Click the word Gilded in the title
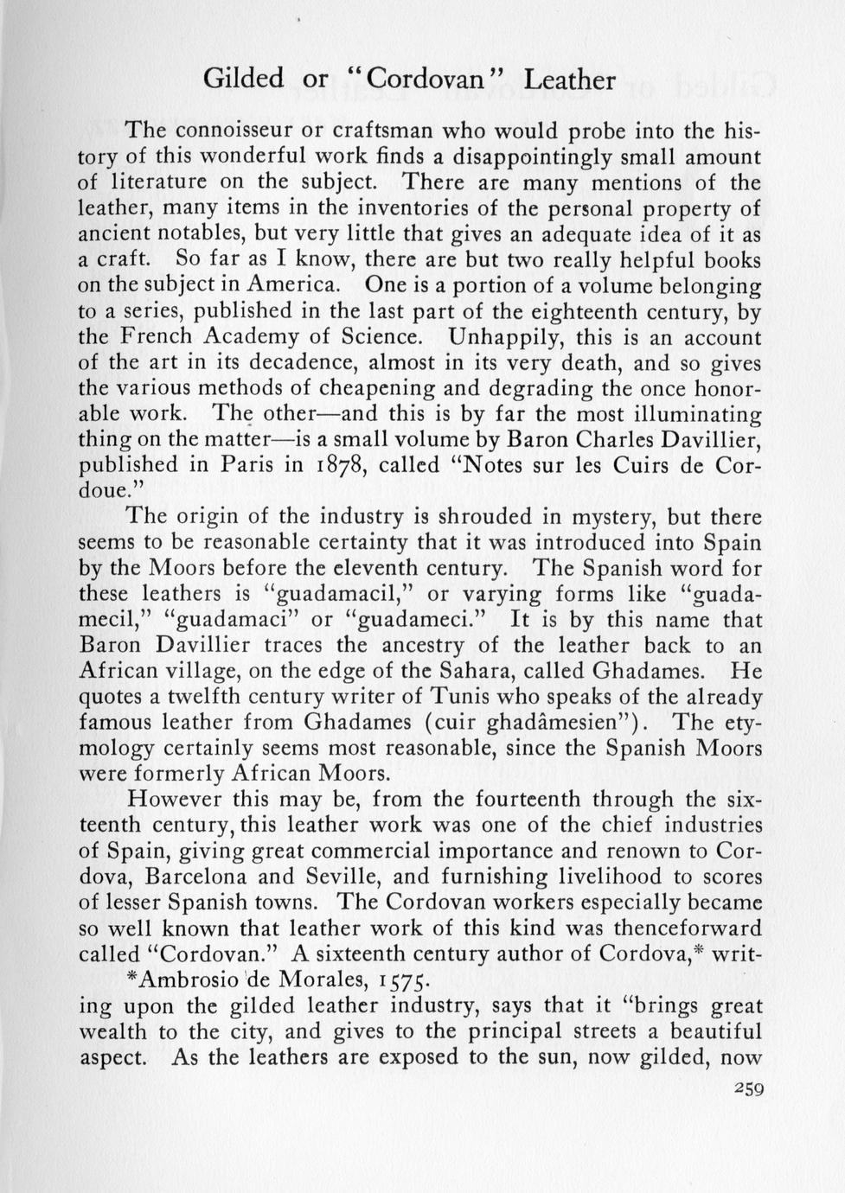(x=243, y=80)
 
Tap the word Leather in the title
(x=570, y=80)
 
